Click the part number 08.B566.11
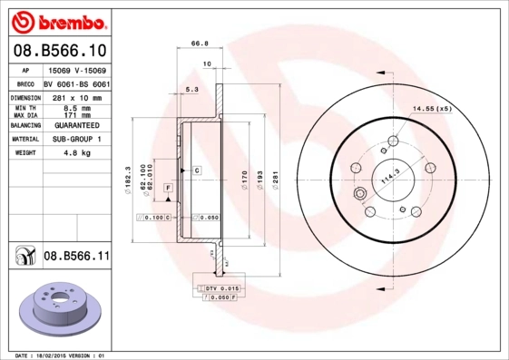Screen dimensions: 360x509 [x=76, y=258]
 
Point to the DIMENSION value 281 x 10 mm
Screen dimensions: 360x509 [x=75, y=96]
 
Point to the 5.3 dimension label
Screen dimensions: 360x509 [x=191, y=90]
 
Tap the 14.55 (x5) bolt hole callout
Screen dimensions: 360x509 [x=432, y=109]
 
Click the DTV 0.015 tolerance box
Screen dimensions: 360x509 [x=218, y=288]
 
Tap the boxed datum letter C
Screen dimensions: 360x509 [x=196, y=170]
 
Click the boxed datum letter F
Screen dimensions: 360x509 [x=168, y=187]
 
